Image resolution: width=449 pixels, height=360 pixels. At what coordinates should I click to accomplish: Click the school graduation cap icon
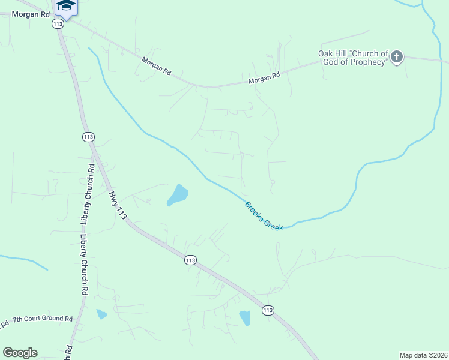point(66,6)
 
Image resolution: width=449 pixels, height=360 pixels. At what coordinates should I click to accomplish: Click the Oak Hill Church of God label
point(353,58)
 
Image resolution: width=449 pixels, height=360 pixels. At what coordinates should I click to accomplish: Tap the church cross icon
point(396,58)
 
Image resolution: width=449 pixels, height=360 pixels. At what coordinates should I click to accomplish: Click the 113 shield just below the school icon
point(58,24)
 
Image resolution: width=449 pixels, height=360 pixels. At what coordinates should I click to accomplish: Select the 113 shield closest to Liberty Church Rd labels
point(88,137)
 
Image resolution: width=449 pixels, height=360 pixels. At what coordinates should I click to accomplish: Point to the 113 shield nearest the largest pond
point(190,260)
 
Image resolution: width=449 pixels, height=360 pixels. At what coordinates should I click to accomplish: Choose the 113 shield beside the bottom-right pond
point(268,310)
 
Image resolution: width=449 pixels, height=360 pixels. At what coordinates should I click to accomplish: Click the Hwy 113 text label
point(117,205)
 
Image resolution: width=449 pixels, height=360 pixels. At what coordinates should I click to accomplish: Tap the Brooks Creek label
point(264,216)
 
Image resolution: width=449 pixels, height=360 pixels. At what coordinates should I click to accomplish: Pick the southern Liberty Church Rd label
point(84,265)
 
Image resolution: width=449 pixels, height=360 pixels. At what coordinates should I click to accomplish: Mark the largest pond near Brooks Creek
point(178,194)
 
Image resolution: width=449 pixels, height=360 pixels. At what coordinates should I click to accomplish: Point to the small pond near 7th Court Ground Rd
point(101,314)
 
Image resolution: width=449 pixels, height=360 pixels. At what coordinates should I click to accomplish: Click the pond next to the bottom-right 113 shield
point(245,318)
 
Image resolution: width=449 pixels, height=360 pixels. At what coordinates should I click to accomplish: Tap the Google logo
point(20,353)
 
